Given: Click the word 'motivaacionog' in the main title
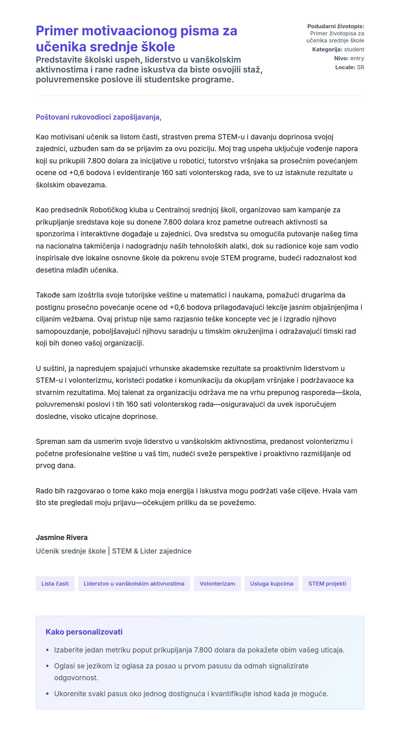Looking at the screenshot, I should click(129, 31).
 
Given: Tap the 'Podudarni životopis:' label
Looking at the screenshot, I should click(335, 26).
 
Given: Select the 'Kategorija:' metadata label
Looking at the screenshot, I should click(327, 49).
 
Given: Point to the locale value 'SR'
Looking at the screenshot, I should click(360, 67).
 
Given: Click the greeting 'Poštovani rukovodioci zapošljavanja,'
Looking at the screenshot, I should click(98, 117).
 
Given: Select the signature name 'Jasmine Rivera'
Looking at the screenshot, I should click(62, 537).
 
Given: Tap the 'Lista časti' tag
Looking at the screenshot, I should click(55, 584).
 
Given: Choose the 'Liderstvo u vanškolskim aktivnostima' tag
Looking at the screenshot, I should click(134, 584).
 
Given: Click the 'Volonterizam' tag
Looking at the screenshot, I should click(217, 584).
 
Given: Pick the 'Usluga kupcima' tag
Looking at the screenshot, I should click(271, 584).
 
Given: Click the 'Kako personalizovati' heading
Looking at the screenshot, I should click(84, 632).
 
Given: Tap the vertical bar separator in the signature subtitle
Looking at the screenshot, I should click(109, 551).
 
